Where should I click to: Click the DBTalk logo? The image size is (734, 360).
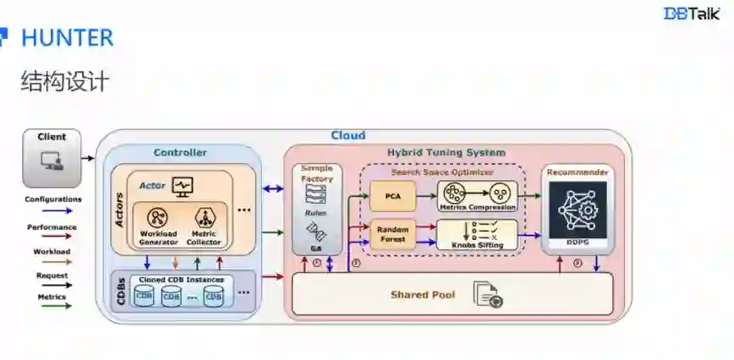tap(691, 14)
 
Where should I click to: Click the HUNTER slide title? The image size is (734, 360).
tap(66, 38)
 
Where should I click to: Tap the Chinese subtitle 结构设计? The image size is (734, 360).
tap(65, 82)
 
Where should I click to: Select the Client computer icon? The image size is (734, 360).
tap(52, 161)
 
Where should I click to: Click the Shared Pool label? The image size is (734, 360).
tap(423, 295)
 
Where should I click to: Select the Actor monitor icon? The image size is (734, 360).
tap(183, 184)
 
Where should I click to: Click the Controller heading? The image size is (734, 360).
tap(179, 153)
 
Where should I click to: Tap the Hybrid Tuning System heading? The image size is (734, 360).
tap(446, 153)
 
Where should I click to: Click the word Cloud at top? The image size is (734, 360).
tap(348, 135)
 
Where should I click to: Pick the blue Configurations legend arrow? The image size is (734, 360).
tap(52, 211)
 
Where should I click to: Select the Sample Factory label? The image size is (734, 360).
tap(317, 173)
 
